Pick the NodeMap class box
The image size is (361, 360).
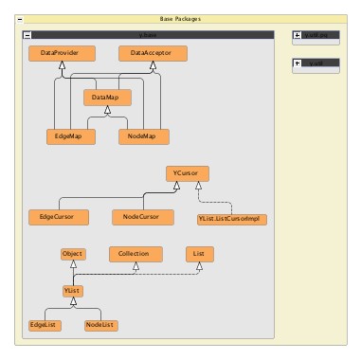143,136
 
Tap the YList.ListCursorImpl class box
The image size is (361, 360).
231,219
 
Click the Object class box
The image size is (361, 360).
73,254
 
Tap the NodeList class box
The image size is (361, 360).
100,325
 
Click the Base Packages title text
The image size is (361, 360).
180,18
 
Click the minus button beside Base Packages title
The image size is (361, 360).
20,18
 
